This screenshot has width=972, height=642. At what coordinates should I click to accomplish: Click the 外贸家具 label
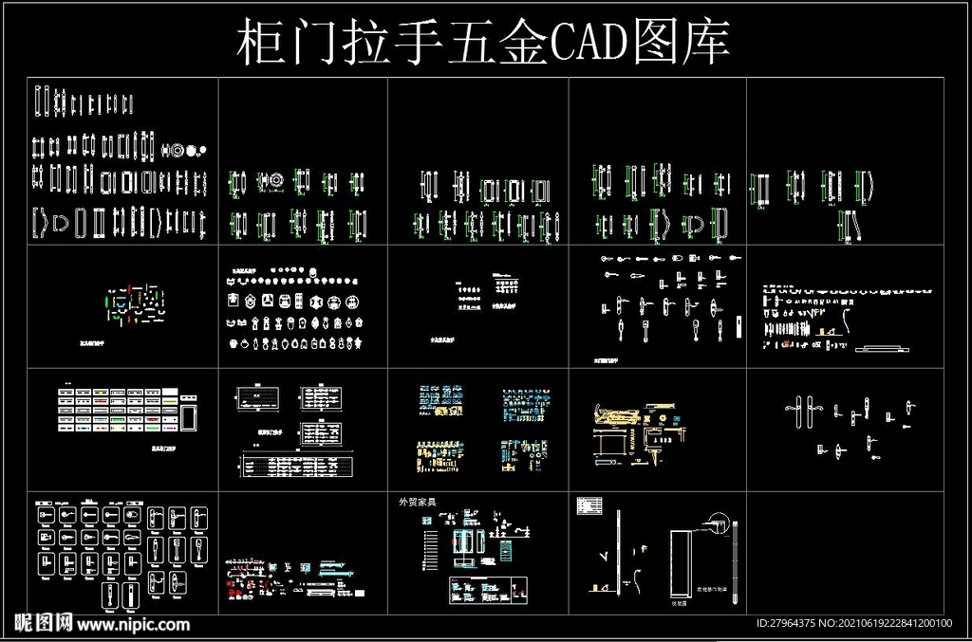pos(417,502)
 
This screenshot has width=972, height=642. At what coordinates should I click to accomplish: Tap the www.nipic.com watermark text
pos(133,625)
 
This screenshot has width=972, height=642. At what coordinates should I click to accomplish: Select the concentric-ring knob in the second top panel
pos(274,180)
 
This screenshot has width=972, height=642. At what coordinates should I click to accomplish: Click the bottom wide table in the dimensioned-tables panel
pos(294,466)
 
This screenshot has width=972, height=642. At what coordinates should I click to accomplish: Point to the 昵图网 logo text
pos(38,624)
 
